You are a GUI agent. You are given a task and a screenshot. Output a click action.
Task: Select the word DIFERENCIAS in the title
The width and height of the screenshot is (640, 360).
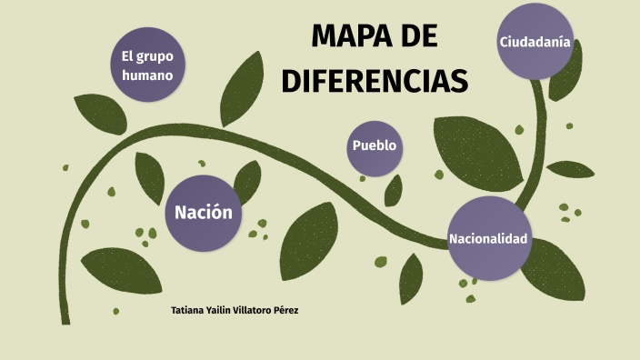pos(375,80)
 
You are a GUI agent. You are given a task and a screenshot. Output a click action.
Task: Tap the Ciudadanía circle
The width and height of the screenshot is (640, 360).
pos(535,42)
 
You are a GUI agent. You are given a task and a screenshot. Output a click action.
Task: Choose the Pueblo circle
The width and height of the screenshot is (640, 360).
pos(375,146)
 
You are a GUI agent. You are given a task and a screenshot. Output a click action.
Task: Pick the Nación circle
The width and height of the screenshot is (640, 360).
pos(204,213)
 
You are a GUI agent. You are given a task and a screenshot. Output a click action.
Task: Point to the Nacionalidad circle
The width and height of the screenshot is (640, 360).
pos(488,238)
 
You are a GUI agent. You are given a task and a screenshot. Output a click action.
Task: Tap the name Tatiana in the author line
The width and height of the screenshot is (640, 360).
pos(187,311)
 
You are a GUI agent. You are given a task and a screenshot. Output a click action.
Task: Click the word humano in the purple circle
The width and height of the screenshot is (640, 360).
pos(147,75)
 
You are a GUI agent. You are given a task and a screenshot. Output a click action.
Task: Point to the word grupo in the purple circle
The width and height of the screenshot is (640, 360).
pos(155,56)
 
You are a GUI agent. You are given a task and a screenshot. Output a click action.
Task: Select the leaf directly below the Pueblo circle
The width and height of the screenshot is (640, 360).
pos(394,190)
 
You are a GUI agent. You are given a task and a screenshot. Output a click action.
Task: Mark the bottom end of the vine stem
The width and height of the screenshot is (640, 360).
pos(65,320)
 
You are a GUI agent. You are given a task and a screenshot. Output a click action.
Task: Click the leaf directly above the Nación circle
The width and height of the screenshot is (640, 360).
pos(247,177)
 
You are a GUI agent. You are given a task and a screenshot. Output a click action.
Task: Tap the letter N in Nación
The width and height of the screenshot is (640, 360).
pos(180,213)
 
